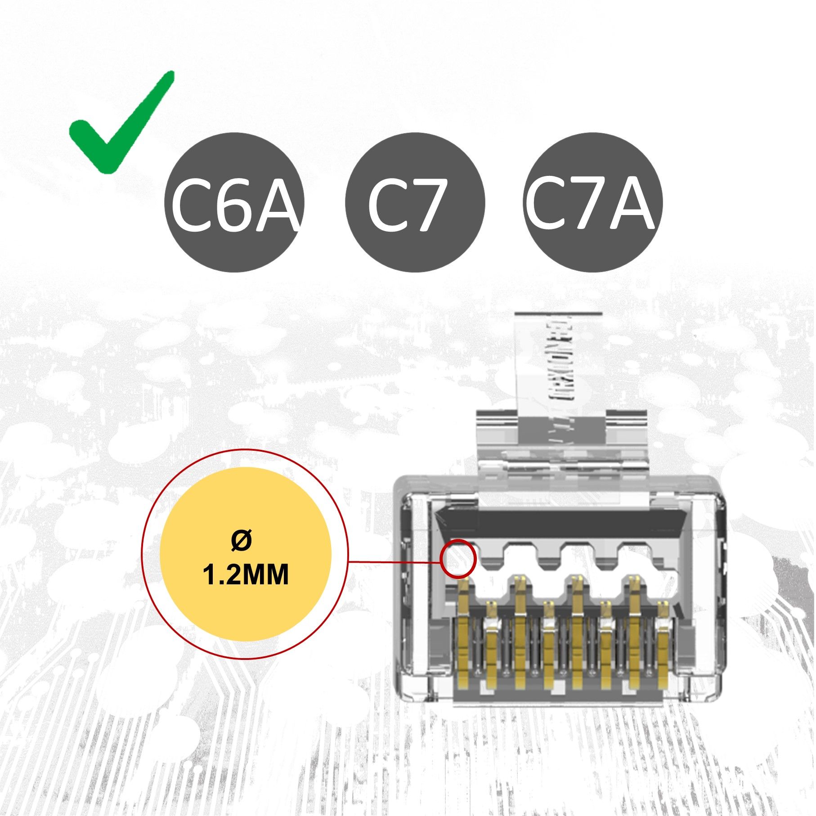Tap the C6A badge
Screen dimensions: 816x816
234,202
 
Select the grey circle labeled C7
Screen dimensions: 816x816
415,202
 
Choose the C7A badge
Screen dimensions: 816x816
593,202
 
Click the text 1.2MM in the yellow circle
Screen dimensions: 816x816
246,575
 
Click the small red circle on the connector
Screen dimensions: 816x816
458,559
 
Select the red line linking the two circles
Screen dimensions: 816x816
394,562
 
